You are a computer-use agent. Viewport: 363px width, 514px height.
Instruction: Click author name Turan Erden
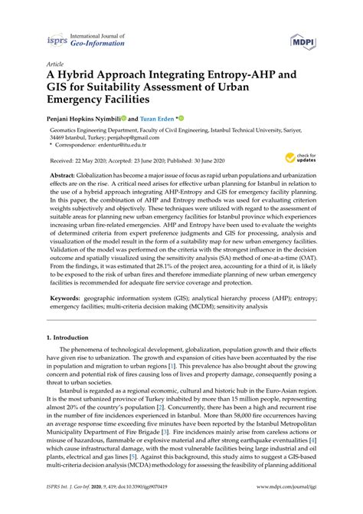tap(155, 120)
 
